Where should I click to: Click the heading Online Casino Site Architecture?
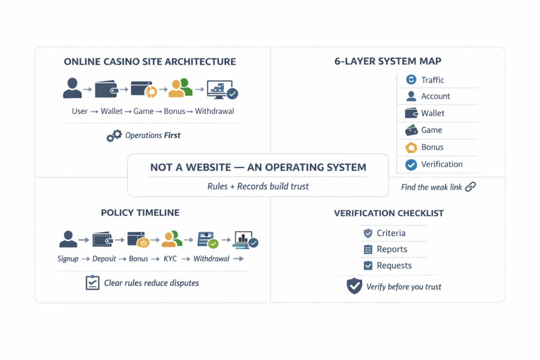pyautogui.click(x=150, y=62)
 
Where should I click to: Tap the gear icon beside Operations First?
pyautogui.click(x=114, y=136)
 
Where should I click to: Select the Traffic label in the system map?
pyautogui.click(x=432, y=80)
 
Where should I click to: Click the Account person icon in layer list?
pyautogui.click(x=411, y=96)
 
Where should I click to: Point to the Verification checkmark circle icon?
pyautogui.click(x=411, y=164)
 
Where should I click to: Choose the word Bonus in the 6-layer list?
pyautogui.click(x=432, y=148)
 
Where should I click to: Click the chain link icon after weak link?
pyautogui.click(x=470, y=187)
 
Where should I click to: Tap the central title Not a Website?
pyautogui.click(x=258, y=167)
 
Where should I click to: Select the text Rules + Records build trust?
pyautogui.click(x=258, y=186)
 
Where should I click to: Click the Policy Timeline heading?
pyautogui.click(x=140, y=213)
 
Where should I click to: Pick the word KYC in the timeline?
pyautogui.click(x=170, y=259)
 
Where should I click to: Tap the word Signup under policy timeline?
pyautogui.click(x=68, y=259)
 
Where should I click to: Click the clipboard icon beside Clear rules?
pyautogui.click(x=92, y=283)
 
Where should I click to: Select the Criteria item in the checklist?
pyautogui.click(x=391, y=233)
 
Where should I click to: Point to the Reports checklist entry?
pyautogui.click(x=392, y=249)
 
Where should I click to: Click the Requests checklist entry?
pyautogui.click(x=394, y=266)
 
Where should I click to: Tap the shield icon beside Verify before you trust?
pyautogui.click(x=354, y=286)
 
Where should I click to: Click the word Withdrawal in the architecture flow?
pyautogui.click(x=215, y=112)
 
